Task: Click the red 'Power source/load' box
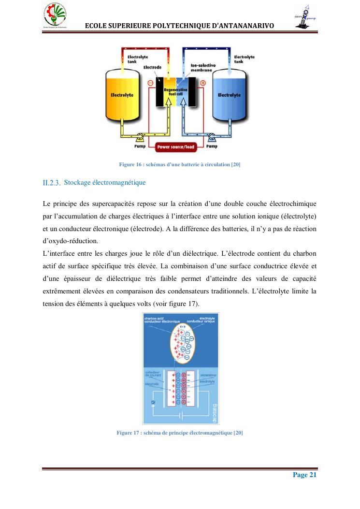(176, 146)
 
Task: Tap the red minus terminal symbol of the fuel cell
(150, 83)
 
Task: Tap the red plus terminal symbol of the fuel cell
(202, 83)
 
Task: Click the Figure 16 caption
(179, 165)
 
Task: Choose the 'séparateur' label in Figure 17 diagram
(207, 375)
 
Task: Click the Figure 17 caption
(179, 433)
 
